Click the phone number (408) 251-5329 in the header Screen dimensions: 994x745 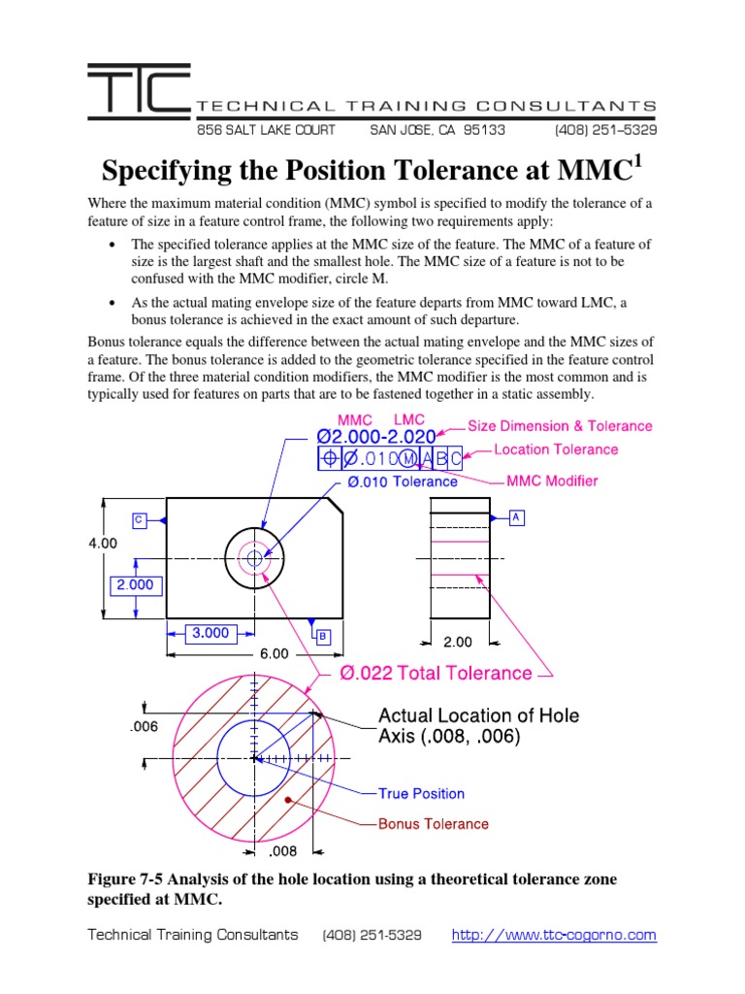[605, 129]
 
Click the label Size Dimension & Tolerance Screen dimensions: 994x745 [560, 426]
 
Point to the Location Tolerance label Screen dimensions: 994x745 [556, 449]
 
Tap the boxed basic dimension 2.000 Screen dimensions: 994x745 [136, 585]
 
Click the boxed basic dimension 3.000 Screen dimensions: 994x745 [210, 633]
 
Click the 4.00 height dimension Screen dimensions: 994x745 [103, 544]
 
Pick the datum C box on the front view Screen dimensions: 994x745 [139, 520]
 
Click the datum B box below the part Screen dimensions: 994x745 [322, 636]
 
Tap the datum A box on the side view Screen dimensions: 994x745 [516, 518]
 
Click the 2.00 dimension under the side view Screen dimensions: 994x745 [458, 642]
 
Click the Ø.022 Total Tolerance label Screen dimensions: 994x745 [436, 674]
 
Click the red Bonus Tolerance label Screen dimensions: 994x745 [433, 824]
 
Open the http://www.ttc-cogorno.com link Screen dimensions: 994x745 [554, 936]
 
